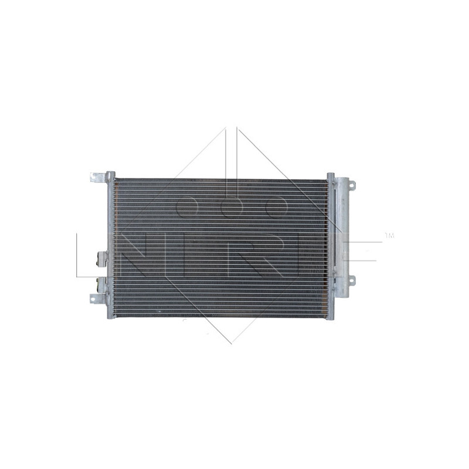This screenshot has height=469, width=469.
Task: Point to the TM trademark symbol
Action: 389,236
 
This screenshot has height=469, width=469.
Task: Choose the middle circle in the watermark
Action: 233,206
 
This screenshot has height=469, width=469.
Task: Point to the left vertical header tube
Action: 110,246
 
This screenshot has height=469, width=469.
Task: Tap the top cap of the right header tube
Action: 330,176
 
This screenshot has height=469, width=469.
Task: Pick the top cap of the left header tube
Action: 110,174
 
